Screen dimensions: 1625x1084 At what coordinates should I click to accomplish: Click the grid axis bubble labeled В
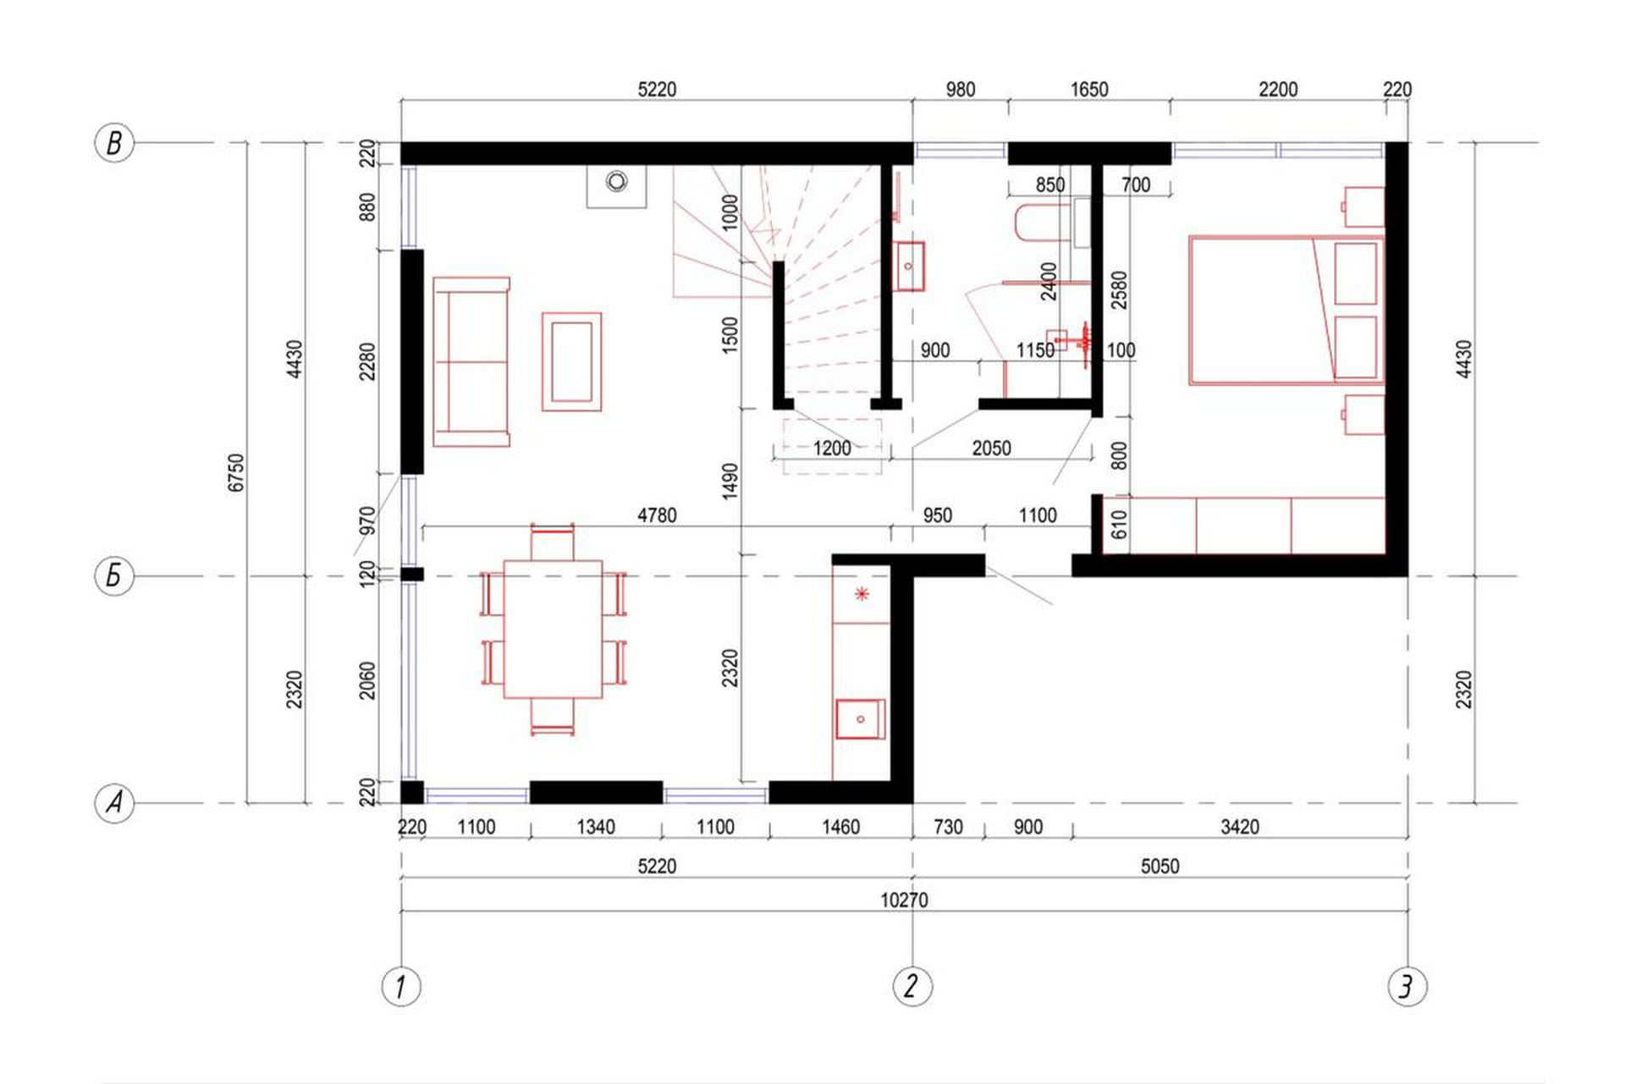click(x=114, y=143)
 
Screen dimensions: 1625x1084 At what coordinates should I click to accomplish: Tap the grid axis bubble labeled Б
click(x=114, y=576)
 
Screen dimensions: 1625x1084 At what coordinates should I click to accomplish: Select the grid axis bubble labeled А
click(x=114, y=802)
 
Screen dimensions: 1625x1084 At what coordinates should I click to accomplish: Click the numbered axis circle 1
click(x=401, y=987)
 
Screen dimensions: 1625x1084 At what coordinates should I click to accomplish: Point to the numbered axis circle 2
click(x=912, y=986)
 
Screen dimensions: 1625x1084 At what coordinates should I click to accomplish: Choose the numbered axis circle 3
click(x=1407, y=986)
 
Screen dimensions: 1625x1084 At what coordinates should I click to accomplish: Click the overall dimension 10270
click(x=904, y=900)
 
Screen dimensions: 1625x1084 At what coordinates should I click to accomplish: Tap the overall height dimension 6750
click(x=236, y=472)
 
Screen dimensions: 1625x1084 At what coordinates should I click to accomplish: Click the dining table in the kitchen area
click(x=553, y=629)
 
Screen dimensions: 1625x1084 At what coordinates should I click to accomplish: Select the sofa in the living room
click(x=471, y=361)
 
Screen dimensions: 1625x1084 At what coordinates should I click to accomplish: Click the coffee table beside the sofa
click(x=571, y=361)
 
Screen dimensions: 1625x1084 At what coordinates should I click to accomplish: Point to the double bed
click(x=1286, y=311)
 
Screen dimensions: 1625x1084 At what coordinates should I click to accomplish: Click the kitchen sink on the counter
click(x=860, y=719)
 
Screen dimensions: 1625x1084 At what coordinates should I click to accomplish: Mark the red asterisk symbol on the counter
click(x=862, y=594)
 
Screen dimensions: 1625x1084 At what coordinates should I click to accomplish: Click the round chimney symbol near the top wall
click(x=617, y=181)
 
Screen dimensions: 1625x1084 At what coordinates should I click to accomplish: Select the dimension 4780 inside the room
click(x=657, y=515)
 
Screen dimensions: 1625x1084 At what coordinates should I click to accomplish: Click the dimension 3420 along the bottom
click(x=1239, y=827)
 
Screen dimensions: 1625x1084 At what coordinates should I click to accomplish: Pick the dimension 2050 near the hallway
click(x=991, y=448)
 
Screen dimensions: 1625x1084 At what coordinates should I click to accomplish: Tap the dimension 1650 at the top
click(x=1088, y=90)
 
